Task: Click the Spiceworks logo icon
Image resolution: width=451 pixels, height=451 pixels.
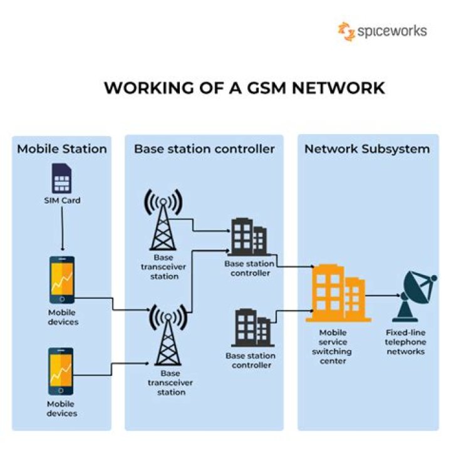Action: tap(346, 31)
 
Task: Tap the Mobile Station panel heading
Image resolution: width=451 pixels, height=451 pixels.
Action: tap(61, 149)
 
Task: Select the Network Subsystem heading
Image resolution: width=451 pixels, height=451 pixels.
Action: tap(367, 149)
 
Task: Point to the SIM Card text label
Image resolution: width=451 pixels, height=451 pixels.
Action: tap(62, 201)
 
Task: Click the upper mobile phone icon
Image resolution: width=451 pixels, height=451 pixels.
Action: tap(61, 280)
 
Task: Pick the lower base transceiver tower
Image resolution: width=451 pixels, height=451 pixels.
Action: tap(167, 337)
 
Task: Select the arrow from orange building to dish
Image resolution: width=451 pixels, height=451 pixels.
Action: tap(381, 295)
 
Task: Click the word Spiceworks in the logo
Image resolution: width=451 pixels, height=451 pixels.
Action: tap(392, 31)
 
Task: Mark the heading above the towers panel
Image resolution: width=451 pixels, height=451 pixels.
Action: tap(204, 149)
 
